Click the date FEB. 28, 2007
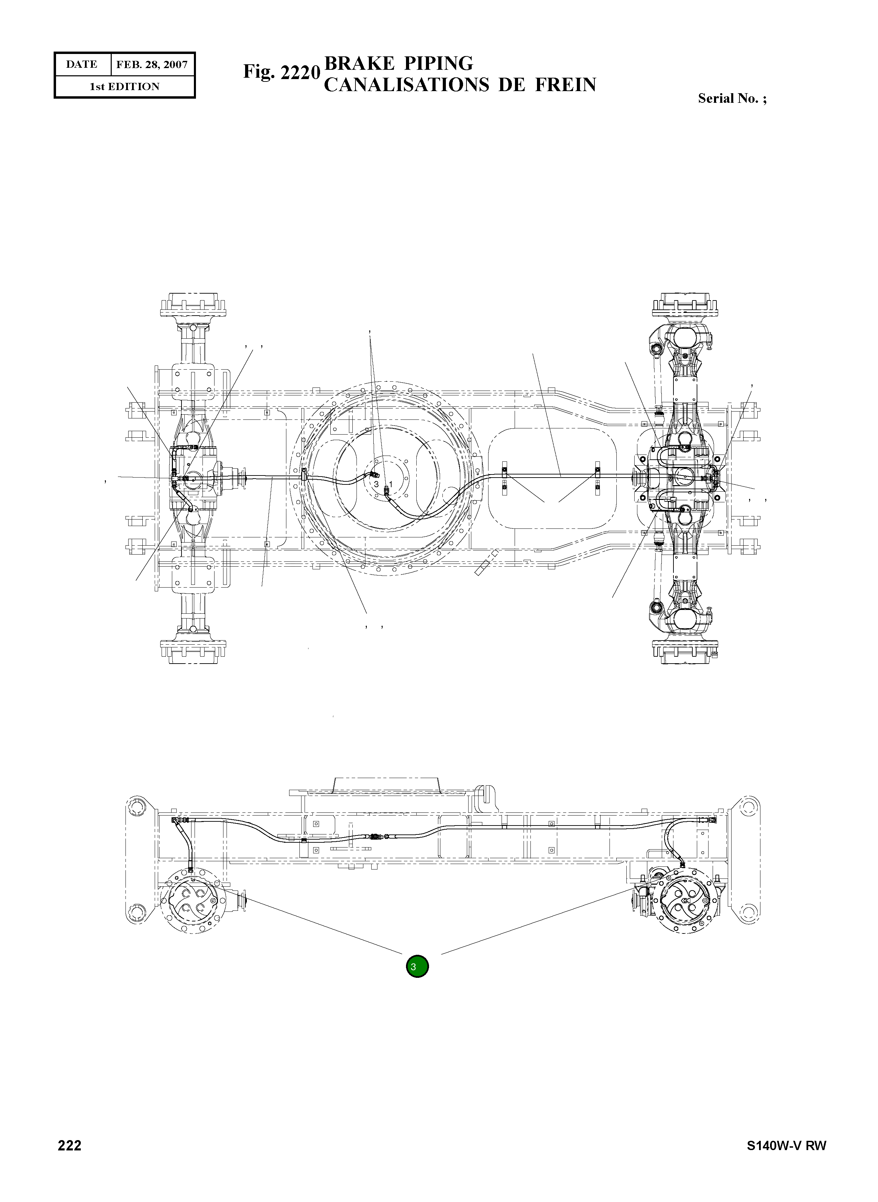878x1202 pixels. coord(152,65)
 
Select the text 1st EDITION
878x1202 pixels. coord(124,87)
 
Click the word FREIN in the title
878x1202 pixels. coord(566,85)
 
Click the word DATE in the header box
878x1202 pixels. coord(82,65)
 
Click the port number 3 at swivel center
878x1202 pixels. coord(376,484)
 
